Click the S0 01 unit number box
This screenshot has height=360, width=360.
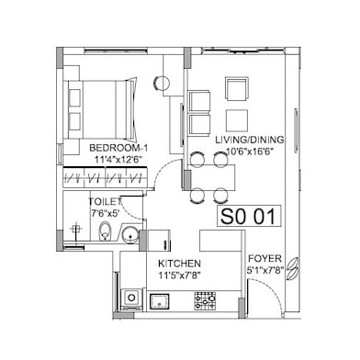[249, 217]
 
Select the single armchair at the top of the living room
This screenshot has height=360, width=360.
[236, 89]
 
